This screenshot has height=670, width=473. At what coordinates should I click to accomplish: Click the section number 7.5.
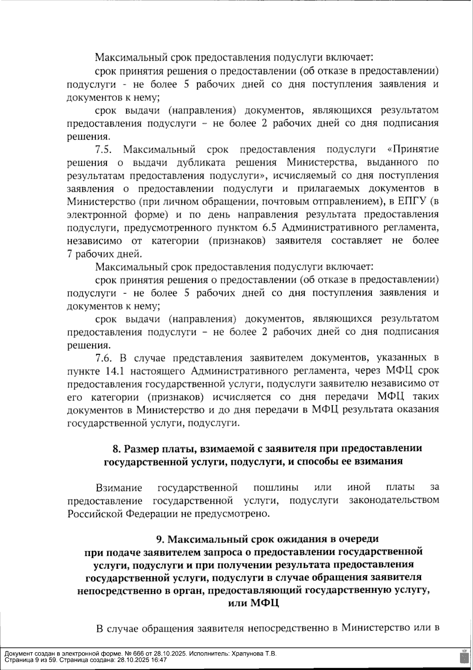[104, 150]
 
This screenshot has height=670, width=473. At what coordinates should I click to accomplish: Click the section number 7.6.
[104, 358]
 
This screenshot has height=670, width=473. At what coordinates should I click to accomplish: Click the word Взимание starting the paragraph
[119, 488]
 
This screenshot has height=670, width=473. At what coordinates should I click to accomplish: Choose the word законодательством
[394, 500]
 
